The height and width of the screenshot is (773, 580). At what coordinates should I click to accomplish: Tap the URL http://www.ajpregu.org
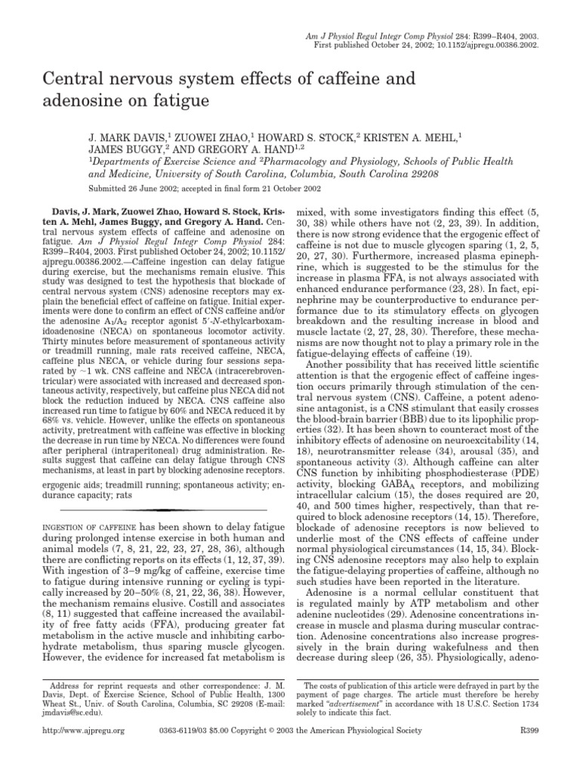click(83, 752)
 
